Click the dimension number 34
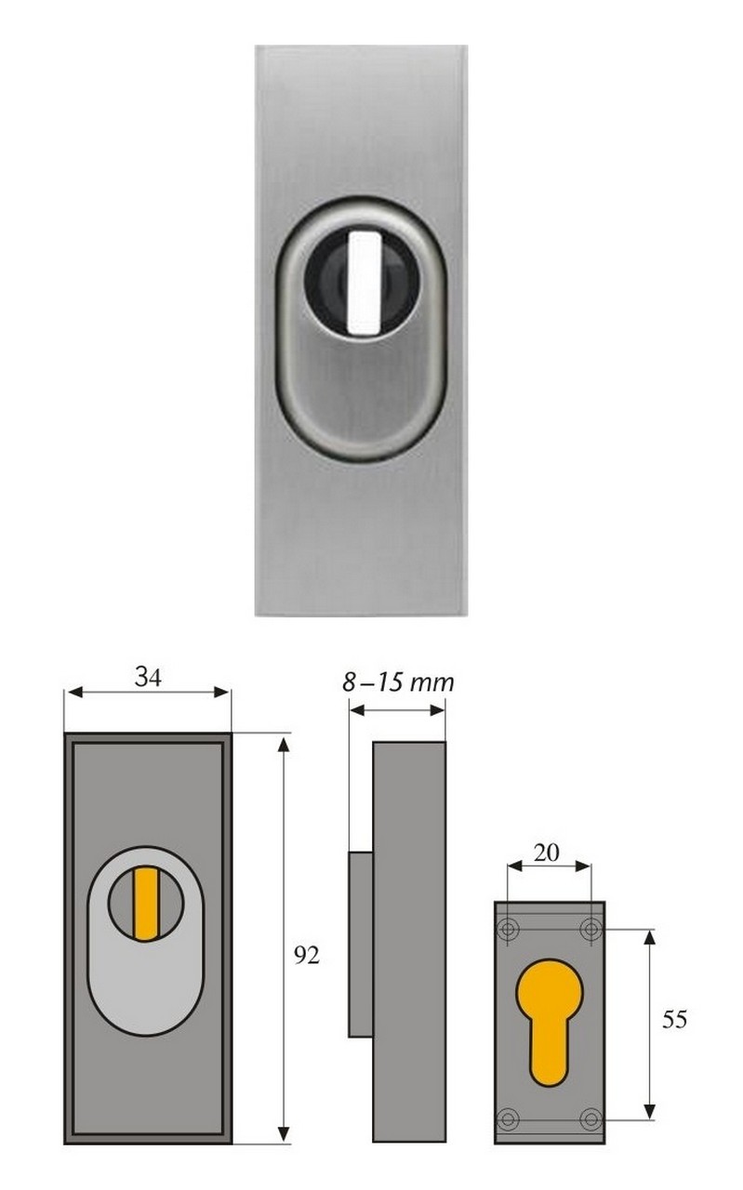pyautogui.click(x=148, y=677)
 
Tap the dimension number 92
pyautogui.click(x=307, y=956)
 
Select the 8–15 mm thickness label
pyautogui.click(x=398, y=682)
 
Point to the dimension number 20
pyautogui.click(x=547, y=853)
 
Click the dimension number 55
pyautogui.click(x=674, y=1019)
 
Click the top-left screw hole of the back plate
pyautogui.click(x=508, y=929)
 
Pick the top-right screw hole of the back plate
pyautogui.click(x=590, y=929)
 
